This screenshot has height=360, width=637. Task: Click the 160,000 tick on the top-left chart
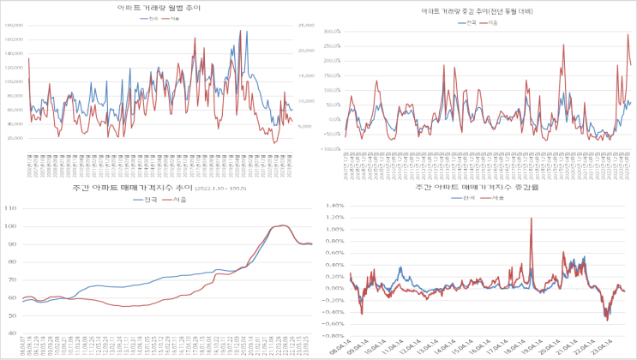(x=13, y=26)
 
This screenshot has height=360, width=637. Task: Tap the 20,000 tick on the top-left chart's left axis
(x=15, y=137)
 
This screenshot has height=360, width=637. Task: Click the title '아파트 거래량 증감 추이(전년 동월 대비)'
(x=477, y=11)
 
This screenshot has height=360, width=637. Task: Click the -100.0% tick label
(x=331, y=148)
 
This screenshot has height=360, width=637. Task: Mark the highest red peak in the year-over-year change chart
(x=628, y=34)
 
